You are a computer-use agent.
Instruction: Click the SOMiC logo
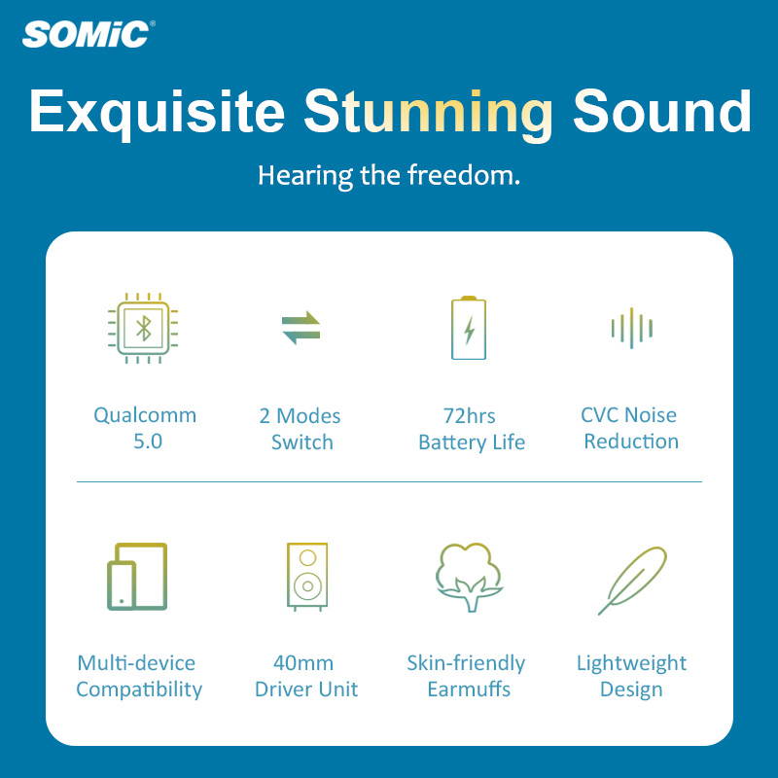point(88,34)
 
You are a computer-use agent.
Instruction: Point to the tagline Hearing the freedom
point(389,176)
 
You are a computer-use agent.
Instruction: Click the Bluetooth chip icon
point(144,328)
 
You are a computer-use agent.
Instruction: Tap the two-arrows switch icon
point(301,328)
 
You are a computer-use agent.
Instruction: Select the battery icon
point(469,328)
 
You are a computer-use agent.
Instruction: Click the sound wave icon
point(631,328)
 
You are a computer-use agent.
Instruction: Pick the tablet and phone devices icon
point(137,577)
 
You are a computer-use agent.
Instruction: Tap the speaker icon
point(307,577)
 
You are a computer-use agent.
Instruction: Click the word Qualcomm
point(145,415)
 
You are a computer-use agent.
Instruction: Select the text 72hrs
point(470,415)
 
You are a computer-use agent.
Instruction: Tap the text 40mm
point(304,663)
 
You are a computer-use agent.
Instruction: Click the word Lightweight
point(631,663)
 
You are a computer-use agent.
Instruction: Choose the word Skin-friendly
point(466,663)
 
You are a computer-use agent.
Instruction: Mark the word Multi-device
point(136,663)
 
